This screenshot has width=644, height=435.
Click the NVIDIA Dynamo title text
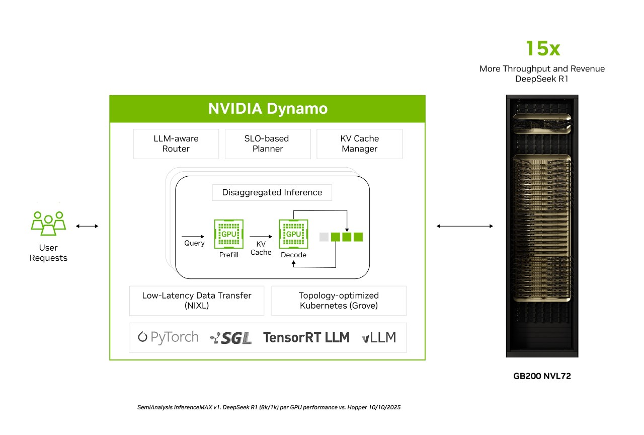268,109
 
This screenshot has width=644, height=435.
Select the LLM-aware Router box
176,143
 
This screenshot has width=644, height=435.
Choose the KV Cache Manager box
359,143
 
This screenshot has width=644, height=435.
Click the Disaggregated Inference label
272,192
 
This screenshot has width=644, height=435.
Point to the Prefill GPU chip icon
229,234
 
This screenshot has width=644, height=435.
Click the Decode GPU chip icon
293,234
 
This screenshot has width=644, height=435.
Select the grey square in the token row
324,237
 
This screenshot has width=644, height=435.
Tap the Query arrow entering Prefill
193,236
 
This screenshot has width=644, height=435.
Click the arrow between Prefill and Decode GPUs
260,236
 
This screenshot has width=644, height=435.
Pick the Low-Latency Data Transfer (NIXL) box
196,301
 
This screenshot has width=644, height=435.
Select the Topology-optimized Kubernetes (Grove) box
339,301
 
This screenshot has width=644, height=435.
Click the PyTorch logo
168,337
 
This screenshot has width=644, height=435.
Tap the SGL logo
231,338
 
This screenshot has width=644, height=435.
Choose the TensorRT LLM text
306,337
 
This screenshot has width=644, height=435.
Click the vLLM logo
378,338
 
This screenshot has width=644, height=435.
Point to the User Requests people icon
48,223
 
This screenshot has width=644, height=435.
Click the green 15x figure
542,49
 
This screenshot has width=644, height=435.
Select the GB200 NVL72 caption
542,376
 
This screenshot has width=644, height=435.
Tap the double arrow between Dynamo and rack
465,226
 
